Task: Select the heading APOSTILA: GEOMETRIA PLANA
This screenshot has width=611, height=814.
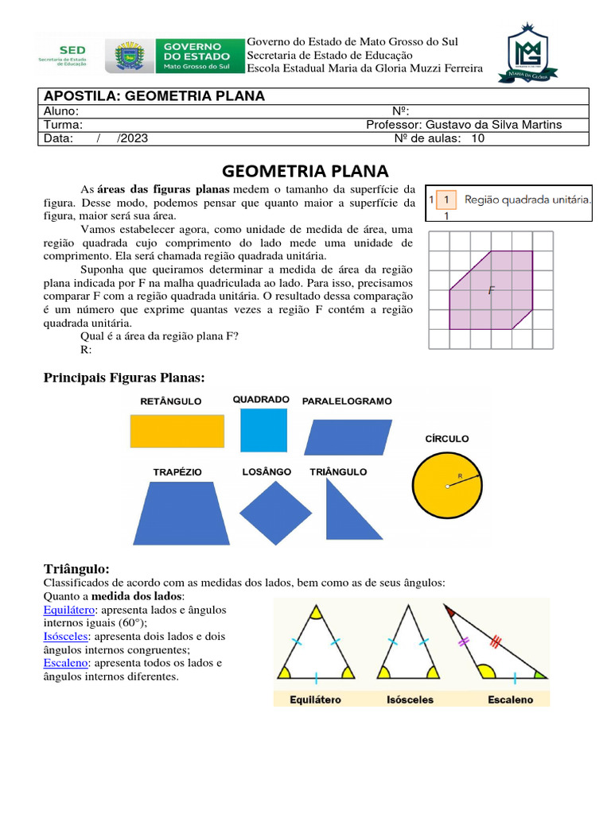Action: [x=154, y=96]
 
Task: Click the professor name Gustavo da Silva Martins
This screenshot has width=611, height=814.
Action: [x=494, y=125]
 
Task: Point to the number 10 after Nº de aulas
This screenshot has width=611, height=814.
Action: [x=478, y=138]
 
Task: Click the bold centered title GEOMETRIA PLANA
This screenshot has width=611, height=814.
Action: [x=305, y=171]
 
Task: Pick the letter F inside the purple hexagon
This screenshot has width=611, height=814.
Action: [x=492, y=291]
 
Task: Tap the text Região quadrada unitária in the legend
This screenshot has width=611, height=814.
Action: [x=527, y=200]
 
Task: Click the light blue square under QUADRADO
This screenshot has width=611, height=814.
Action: [x=263, y=430]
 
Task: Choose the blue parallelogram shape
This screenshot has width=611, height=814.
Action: [x=348, y=436]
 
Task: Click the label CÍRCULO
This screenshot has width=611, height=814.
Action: [x=447, y=439]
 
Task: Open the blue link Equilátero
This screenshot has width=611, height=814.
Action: [x=68, y=610]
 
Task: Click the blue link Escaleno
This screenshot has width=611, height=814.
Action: [x=65, y=663]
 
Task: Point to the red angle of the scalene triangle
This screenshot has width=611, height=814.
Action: [x=452, y=612]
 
